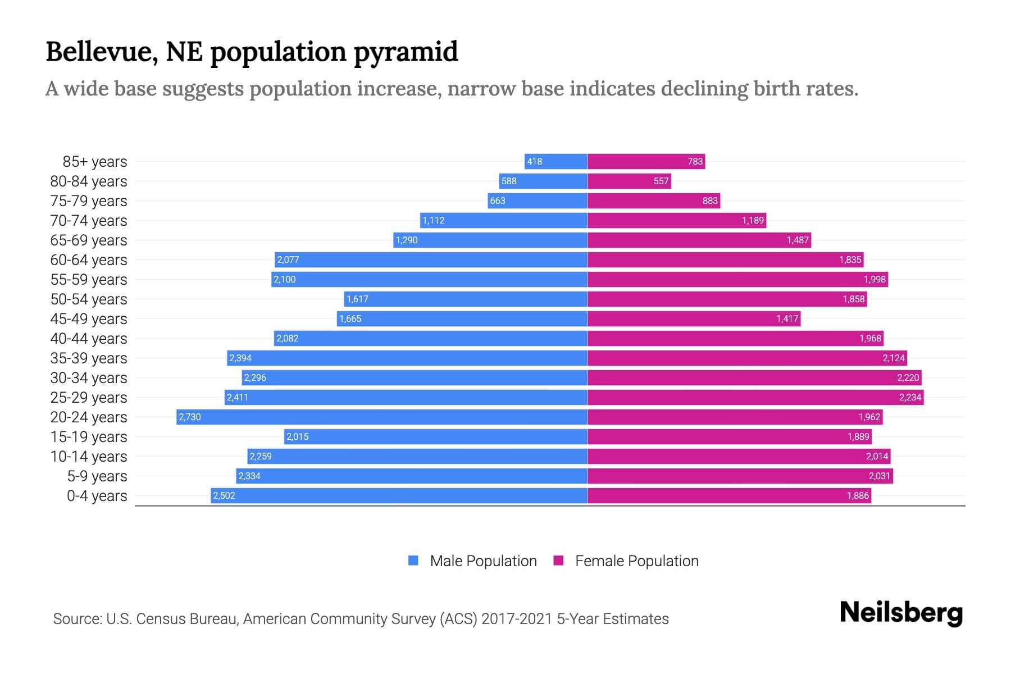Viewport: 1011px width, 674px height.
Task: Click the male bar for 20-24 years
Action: tap(382, 417)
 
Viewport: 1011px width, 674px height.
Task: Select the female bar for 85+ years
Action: tap(646, 161)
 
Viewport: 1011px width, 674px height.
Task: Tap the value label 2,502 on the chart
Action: tap(224, 495)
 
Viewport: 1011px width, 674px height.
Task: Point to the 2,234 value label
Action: tap(910, 397)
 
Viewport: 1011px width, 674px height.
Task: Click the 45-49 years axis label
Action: tap(89, 318)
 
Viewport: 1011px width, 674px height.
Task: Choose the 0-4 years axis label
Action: tap(97, 495)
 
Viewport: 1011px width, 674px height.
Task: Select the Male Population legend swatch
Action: tap(413, 561)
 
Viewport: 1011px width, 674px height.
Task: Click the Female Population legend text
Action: tap(636, 561)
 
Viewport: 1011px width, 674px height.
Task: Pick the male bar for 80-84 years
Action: tap(543, 181)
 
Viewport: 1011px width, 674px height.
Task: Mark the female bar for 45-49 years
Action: tap(694, 318)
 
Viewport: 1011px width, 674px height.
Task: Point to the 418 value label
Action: tap(534, 161)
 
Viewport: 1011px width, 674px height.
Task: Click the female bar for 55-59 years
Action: tap(737, 279)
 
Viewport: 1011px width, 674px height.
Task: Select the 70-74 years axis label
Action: tap(89, 220)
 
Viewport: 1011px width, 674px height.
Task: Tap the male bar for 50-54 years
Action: tap(466, 299)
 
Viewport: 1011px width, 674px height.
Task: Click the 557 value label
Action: tap(661, 181)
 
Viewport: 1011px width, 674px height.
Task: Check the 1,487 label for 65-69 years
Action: tap(797, 240)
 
